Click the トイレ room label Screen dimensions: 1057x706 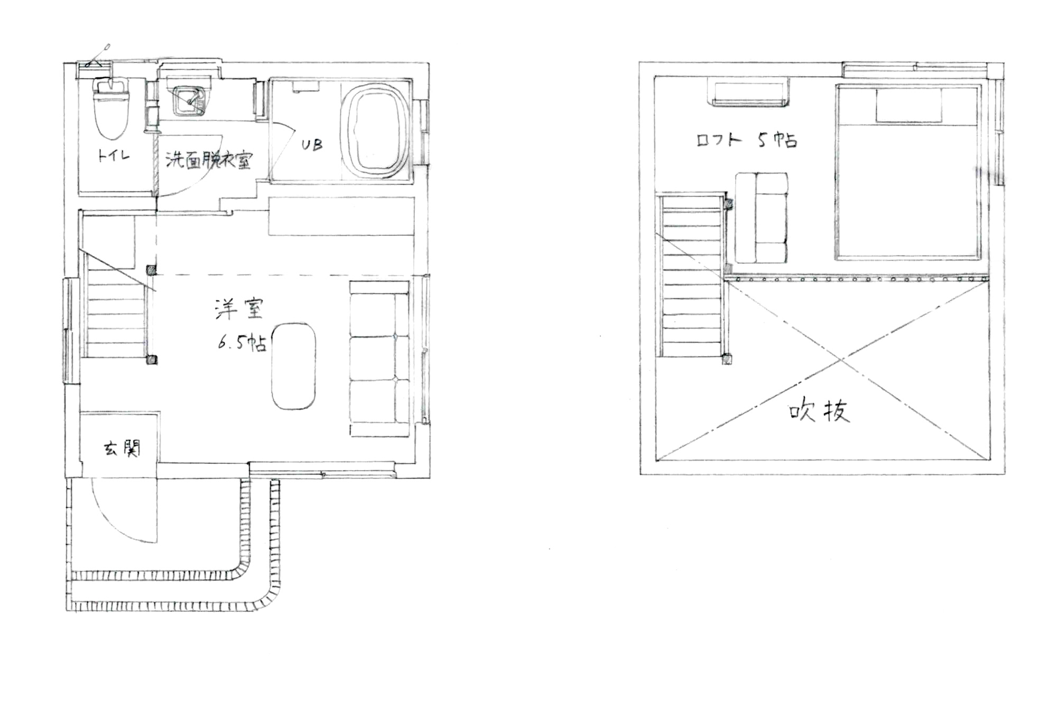pyautogui.click(x=114, y=156)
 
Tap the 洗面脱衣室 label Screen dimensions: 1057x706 pyautogui.click(x=209, y=160)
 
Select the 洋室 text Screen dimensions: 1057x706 pyautogui.click(x=239, y=310)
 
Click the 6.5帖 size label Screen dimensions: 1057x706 pyautogui.click(x=242, y=342)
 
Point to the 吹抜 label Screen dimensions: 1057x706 pyautogui.click(x=819, y=411)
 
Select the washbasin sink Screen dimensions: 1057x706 pyautogui.click(x=189, y=101)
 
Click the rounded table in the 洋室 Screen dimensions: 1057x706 pyautogui.click(x=293, y=366)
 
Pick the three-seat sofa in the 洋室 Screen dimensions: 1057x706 pyautogui.click(x=379, y=359)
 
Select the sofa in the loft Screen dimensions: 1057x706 pyautogui.click(x=761, y=217)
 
